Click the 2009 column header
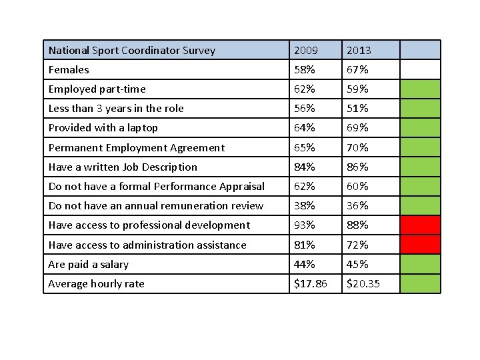(x=306, y=50)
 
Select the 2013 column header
(x=359, y=50)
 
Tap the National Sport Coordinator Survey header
(x=132, y=50)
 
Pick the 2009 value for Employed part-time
(x=305, y=89)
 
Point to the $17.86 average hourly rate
(x=311, y=284)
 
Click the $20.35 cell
(x=363, y=284)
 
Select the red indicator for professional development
(x=420, y=225)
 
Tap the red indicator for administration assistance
(x=420, y=245)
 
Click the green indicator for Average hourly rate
(x=420, y=284)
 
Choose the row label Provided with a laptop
(x=103, y=128)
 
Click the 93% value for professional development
(x=305, y=225)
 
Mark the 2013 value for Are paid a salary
(x=357, y=265)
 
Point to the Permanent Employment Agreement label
(x=137, y=147)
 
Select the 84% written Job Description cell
(x=305, y=167)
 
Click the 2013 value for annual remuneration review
(x=357, y=206)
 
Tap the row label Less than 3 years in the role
(x=116, y=109)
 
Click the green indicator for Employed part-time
(x=420, y=89)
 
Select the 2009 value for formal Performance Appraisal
(x=305, y=187)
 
